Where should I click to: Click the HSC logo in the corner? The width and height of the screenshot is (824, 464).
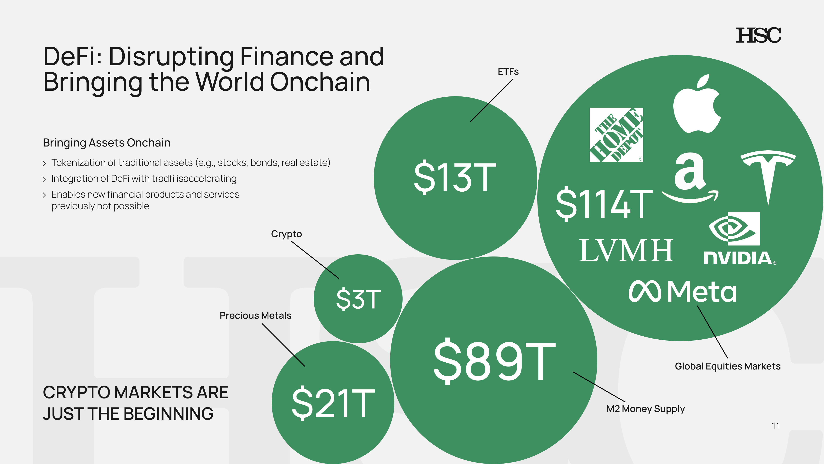(758, 35)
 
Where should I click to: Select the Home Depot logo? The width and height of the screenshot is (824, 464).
(616, 135)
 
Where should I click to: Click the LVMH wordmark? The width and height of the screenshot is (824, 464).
(626, 251)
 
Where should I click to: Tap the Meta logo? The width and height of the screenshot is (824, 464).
(682, 292)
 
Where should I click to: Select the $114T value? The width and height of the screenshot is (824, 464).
(604, 204)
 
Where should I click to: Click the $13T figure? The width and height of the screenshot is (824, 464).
(455, 177)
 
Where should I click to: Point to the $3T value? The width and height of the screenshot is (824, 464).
(358, 299)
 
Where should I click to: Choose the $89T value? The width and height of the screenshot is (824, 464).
(494, 361)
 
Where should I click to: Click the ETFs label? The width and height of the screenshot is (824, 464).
(508, 72)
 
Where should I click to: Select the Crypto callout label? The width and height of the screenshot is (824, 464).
(286, 234)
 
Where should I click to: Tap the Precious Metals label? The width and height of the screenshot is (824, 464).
(255, 316)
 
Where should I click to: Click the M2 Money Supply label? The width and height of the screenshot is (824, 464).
(645, 409)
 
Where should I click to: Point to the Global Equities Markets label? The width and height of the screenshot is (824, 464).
(727, 366)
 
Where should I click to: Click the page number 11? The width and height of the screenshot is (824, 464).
(776, 426)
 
